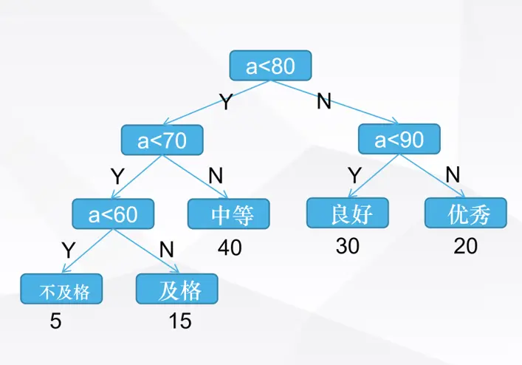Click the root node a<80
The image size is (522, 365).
coord(270,66)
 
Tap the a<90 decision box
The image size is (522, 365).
coord(399,139)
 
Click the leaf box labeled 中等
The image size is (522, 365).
coord(228,214)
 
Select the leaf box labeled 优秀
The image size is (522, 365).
coord(466,213)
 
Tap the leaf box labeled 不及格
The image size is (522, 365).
coord(62,290)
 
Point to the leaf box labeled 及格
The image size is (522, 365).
coord(179,290)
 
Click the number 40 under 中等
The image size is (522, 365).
coord(230,248)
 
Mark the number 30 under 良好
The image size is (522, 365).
coord(347,246)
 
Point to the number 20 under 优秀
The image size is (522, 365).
coord(465,246)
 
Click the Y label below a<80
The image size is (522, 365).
coord(226,102)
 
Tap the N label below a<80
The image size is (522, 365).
coord(323,101)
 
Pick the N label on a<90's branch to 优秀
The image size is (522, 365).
coord(453,175)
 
